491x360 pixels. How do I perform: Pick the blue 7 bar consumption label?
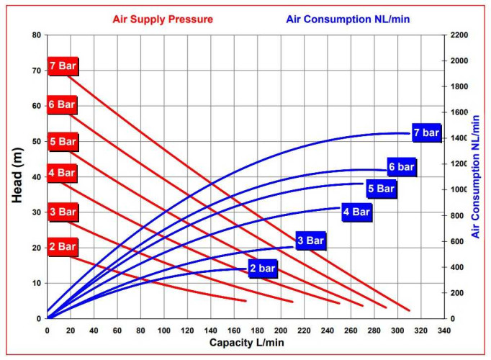(425, 132)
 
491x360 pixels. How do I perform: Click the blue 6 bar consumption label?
(401, 167)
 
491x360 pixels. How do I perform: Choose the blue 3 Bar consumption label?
(310, 240)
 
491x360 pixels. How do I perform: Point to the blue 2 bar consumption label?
(263, 269)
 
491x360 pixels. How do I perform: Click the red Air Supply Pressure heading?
(163, 19)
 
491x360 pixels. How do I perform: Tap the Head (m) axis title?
(20, 176)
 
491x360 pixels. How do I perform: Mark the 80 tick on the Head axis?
(35, 35)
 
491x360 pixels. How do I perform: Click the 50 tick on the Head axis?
(35, 141)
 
